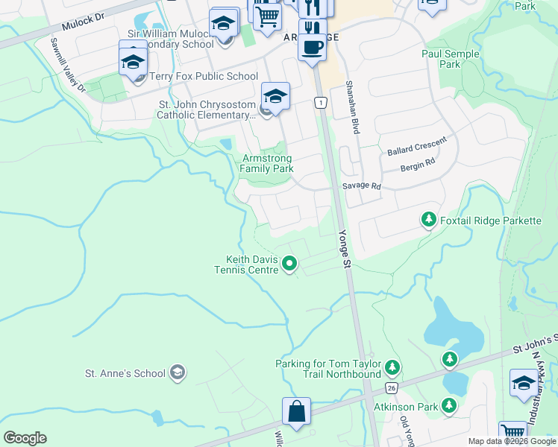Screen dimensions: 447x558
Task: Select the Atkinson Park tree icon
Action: pos(449,405)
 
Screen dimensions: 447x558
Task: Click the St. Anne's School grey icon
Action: pos(177,372)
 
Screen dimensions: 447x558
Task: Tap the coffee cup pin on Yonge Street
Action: pos(313,46)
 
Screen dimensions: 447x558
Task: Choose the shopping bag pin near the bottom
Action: pos(296,412)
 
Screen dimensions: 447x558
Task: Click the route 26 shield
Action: pos(391,388)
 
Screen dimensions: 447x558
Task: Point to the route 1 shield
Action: pos(320,102)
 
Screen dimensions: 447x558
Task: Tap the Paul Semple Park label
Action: pos(450,59)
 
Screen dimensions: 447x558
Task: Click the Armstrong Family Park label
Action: pos(266,163)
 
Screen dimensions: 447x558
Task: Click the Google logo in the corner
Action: pos(25,437)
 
